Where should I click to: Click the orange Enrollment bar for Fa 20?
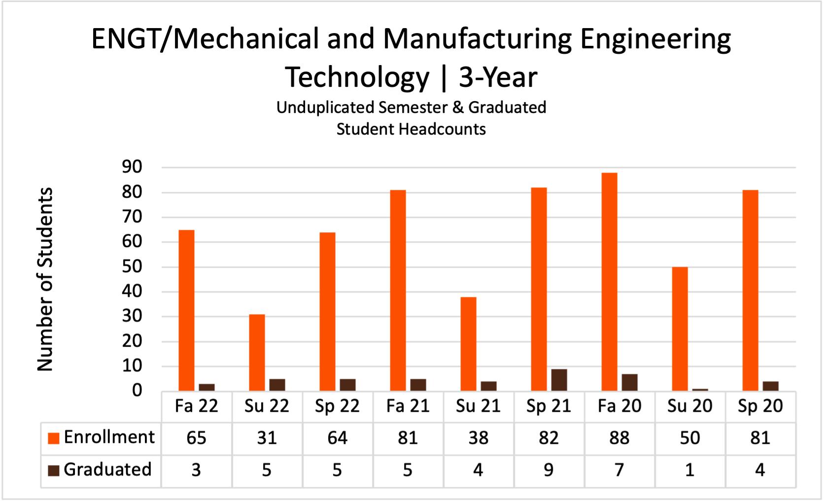609,282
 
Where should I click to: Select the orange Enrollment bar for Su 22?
257,353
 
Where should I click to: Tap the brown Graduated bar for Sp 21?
559,380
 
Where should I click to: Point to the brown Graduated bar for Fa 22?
206,387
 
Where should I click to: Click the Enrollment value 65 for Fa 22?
196,438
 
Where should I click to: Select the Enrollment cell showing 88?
619,438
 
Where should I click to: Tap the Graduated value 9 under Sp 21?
549,470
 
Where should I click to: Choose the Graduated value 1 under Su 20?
689,470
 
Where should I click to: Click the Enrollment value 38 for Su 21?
478,438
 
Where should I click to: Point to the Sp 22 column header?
337,406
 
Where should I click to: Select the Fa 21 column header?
408,406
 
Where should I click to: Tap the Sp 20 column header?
760,406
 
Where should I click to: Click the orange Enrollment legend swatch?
53,438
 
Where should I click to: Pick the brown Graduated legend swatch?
53,470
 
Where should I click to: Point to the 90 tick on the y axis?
132,167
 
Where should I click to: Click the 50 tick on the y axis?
132,267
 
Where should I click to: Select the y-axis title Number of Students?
45,279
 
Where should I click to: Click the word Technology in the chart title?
357,77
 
